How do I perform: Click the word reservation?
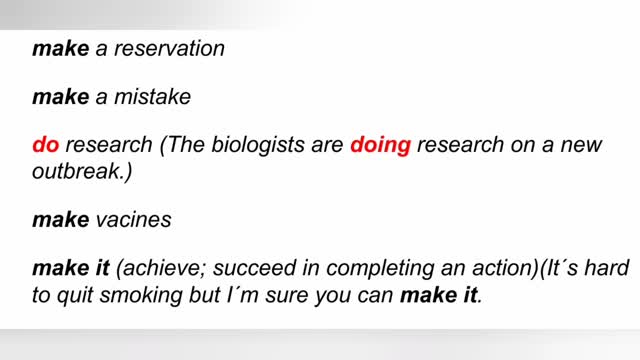pyautogui.click(x=169, y=49)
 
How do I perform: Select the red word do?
pyautogui.click(x=46, y=145)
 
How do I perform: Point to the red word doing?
pyautogui.click(x=380, y=145)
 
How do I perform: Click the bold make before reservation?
pyautogui.click(x=61, y=49)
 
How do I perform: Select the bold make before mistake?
pyautogui.click(x=61, y=97)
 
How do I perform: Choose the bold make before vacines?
pyautogui.click(x=61, y=220)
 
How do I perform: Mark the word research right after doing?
pyautogui.click(x=461, y=145)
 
